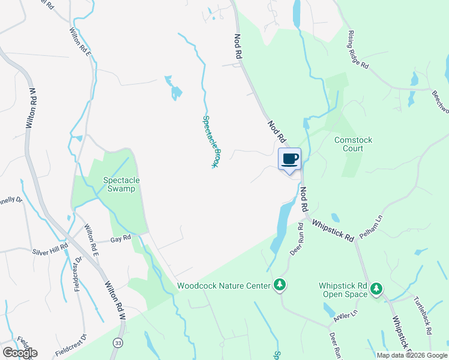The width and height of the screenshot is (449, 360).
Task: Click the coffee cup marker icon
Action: point(290,160)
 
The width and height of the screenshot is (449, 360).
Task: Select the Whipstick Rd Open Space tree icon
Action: point(376,289)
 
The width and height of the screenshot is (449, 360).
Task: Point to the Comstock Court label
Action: point(353,144)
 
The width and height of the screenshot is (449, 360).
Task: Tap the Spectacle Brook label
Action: point(210,142)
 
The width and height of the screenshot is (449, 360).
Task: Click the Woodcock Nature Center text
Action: point(224,286)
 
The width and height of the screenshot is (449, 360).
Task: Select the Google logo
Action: point(19,353)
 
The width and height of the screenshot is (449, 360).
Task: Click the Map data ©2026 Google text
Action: point(411,355)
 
